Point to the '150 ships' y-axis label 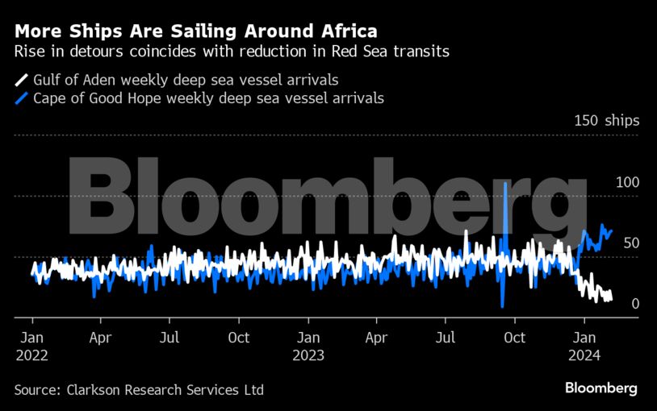point(606,121)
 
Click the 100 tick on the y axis point(627,182)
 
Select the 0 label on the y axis point(635,304)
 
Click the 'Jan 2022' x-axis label point(31,346)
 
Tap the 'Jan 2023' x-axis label point(308,346)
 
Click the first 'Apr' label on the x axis point(100,338)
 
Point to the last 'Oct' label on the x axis point(514,338)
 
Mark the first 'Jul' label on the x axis point(169,338)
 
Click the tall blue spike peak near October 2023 point(505,185)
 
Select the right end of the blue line point(612,230)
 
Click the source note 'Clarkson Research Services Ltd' point(139,390)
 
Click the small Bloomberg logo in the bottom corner point(601,388)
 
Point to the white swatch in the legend point(20,80)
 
